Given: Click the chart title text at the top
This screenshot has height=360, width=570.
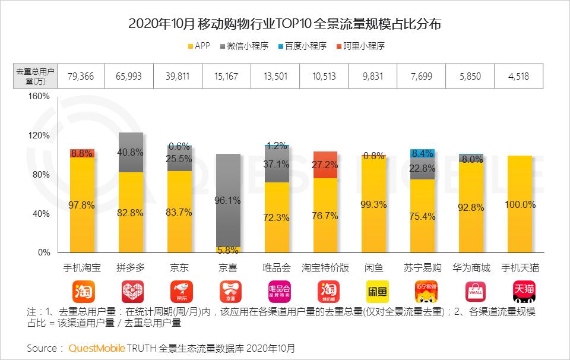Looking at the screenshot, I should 284,24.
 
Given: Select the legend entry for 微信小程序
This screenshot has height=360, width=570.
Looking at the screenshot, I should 246,46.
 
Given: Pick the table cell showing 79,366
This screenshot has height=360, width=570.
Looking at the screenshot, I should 81,77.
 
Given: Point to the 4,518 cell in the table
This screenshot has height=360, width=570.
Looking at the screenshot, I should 520,77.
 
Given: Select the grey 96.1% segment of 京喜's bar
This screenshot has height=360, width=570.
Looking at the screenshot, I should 228,200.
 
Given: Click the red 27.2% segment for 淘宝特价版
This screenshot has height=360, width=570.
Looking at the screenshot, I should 325,165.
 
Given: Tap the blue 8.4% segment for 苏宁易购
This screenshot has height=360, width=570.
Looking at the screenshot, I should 423,153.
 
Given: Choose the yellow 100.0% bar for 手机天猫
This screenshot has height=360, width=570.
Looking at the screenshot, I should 520,204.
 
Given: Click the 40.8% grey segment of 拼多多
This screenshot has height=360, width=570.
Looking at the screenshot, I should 131,152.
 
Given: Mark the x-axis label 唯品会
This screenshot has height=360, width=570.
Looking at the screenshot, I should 277,268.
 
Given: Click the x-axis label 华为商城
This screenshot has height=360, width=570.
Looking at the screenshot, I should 471,268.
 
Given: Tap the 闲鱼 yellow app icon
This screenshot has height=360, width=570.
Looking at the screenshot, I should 374,292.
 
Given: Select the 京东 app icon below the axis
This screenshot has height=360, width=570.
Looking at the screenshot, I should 179,292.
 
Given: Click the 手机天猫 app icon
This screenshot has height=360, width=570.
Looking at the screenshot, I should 520,292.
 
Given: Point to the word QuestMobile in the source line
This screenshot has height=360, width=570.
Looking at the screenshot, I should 96,348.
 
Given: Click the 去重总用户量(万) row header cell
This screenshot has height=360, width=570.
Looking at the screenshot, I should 35,77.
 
